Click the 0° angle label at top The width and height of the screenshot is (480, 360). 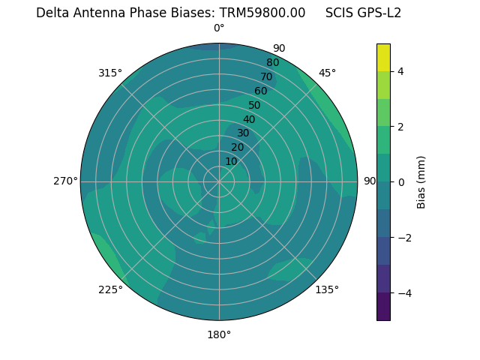click(219, 28)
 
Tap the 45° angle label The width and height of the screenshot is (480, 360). click(328, 73)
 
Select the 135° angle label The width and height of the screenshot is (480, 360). click(327, 289)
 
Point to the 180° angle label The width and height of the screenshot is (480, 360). click(219, 334)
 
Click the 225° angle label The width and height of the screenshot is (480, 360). click(110, 290)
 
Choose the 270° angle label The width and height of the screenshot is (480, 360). click(65, 181)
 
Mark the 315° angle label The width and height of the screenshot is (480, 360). click(110, 73)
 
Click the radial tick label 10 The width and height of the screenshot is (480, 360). click(231, 161)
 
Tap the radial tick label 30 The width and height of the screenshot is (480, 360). click(243, 133)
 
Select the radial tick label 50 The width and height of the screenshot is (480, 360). click(255, 106)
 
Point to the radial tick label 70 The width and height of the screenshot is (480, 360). click(266, 76)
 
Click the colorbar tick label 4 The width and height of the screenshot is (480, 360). click(401, 71)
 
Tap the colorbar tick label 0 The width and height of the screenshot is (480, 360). click(401, 182)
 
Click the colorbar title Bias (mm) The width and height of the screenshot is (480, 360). click(421, 182)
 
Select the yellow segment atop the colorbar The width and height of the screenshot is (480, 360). click(383, 57)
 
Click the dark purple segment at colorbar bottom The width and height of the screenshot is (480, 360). click(383, 307)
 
